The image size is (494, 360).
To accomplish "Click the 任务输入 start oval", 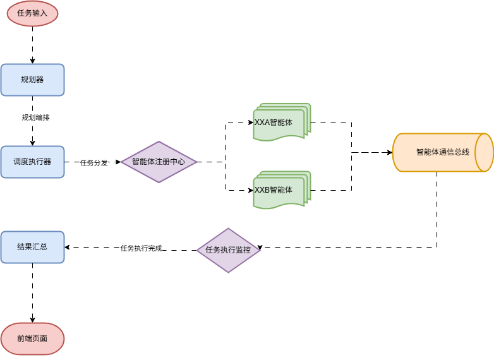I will click(32, 13).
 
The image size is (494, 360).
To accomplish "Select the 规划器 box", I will click(32, 80).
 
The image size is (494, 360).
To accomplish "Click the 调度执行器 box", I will click(32, 162).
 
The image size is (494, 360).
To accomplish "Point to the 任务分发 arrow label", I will click(93, 162).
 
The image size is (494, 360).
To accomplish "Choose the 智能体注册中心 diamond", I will click(159, 162).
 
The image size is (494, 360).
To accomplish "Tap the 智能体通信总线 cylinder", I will click(442, 152).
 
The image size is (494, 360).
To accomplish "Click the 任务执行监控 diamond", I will click(228, 250).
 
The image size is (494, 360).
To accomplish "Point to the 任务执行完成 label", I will click(141, 248).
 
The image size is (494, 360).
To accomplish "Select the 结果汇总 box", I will click(32, 247).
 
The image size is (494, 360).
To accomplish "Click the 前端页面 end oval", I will click(32, 339).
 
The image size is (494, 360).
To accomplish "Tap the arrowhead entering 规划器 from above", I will click(32, 61).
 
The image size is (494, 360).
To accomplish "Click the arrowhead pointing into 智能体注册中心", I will click(117, 162).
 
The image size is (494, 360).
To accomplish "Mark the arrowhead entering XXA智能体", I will click(250, 123).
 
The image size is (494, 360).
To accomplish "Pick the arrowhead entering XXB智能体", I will click(250, 190).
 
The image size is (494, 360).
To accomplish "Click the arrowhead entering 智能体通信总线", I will click(389, 152).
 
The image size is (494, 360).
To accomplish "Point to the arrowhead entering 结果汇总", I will click(68, 247).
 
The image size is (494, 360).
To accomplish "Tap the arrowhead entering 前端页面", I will click(32, 320).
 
